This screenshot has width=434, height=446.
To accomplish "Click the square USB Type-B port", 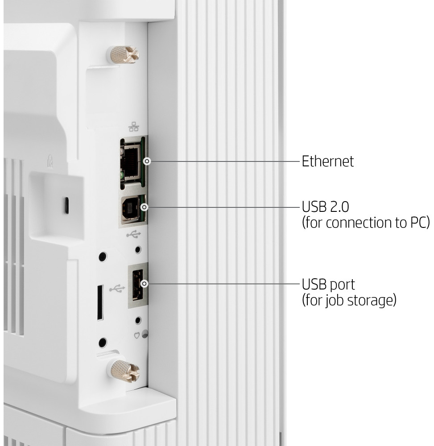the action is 131,208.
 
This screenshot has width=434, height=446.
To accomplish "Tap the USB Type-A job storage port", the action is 138,285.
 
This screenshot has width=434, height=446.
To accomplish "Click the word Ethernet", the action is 328,161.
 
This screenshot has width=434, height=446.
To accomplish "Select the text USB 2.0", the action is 325,207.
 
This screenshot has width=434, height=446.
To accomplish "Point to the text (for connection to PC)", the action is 366,223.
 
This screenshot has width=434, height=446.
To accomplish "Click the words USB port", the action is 328,285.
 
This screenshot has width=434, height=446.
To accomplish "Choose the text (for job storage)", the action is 349,300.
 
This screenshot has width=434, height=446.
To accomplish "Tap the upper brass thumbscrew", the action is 123,54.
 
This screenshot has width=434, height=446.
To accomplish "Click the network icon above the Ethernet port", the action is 134,127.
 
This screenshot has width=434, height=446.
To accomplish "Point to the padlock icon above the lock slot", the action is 50,161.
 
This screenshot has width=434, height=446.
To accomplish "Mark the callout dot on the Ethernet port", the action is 147,161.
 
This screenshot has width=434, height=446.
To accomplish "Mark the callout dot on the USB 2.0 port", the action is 144,207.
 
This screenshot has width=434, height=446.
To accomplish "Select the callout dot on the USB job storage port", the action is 145,284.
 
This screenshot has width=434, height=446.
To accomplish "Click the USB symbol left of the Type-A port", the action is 117,289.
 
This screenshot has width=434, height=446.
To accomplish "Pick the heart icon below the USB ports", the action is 137,336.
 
